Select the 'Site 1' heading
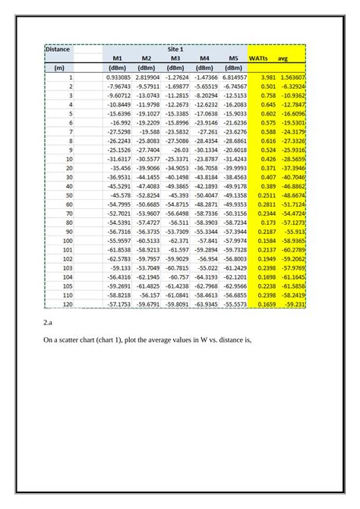[x=175, y=49]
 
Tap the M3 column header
[x=175, y=58]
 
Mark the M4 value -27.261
[x=207, y=131]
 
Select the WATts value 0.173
[x=269, y=222]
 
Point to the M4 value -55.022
[x=207, y=267]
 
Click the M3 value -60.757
[x=178, y=277]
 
